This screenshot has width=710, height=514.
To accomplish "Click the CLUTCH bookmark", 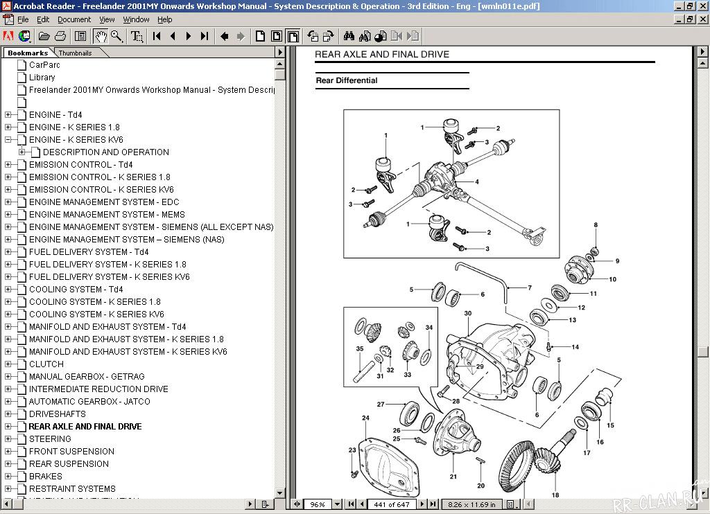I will (x=46, y=364).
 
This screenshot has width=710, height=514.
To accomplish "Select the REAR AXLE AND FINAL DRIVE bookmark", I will (x=85, y=426).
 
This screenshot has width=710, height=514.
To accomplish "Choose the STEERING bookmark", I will (x=50, y=438).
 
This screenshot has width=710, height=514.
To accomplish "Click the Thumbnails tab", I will (x=75, y=53).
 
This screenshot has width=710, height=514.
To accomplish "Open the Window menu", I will (x=137, y=19).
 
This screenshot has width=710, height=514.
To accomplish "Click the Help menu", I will (x=164, y=19).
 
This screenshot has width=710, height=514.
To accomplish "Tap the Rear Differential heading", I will (x=347, y=80).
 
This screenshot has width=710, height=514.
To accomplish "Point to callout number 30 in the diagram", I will (x=468, y=314).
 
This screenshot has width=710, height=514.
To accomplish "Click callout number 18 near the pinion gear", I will (x=555, y=495).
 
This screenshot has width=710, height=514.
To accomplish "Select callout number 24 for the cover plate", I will (x=365, y=418).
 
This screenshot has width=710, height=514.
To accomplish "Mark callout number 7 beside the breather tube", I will (x=530, y=287).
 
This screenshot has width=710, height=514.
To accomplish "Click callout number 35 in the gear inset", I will (x=360, y=348).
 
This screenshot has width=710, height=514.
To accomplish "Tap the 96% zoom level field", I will (x=318, y=504).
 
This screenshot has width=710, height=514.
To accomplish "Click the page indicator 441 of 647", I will (x=392, y=504).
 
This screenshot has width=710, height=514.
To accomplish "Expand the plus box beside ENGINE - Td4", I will (x=8, y=115).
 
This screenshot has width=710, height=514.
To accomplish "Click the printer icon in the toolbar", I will (x=60, y=36).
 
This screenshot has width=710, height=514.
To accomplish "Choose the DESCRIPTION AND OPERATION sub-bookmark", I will (x=105, y=152).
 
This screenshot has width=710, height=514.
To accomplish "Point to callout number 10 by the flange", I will (x=612, y=279).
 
